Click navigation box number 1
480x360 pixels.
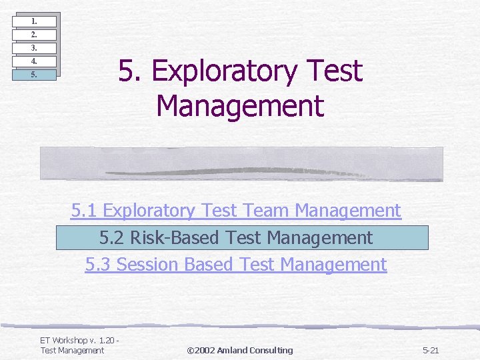[x=34, y=21]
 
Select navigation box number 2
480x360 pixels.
[x=34, y=35]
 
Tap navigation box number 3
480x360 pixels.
[x=34, y=48]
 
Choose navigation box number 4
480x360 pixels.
[x=34, y=61]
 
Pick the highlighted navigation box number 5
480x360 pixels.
[x=34, y=75]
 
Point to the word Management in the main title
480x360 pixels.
[x=240, y=106]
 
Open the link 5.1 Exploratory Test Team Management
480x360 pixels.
[x=236, y=211]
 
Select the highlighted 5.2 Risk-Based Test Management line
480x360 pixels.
[x=236, y=237]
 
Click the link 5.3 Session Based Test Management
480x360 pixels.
[x=236, y=265]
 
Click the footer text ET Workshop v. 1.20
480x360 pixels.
[x=79, y=341]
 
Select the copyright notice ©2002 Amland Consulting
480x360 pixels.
[x=239, y=350]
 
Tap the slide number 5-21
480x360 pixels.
[x=431, y=350]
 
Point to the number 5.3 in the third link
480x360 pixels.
[x=99, y=265]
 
